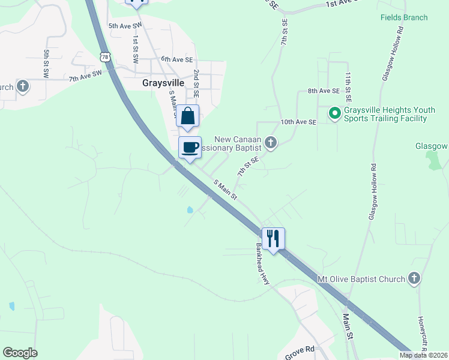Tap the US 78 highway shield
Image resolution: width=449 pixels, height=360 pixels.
point(106,57)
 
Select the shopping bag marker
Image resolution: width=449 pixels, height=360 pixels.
point(188,116)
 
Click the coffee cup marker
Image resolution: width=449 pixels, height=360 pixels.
point(190,147)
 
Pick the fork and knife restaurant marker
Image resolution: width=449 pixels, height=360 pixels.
point(273,238)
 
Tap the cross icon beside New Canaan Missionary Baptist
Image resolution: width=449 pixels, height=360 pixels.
point(271,143)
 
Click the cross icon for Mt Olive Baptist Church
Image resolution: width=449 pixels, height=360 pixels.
point(414,278)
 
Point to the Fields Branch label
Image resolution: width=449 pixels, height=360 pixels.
point(404,17)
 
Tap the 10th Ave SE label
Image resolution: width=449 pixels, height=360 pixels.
point(298,122)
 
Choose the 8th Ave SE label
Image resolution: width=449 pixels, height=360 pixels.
point(324,91)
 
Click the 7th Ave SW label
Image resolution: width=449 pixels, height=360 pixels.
point(86,76)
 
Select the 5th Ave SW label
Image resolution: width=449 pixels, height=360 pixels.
point(124,26)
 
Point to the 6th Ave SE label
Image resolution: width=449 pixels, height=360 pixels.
point(177,59)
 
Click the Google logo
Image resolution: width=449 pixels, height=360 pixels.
point(20,353)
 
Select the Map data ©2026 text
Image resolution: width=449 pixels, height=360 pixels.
point(423,355)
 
